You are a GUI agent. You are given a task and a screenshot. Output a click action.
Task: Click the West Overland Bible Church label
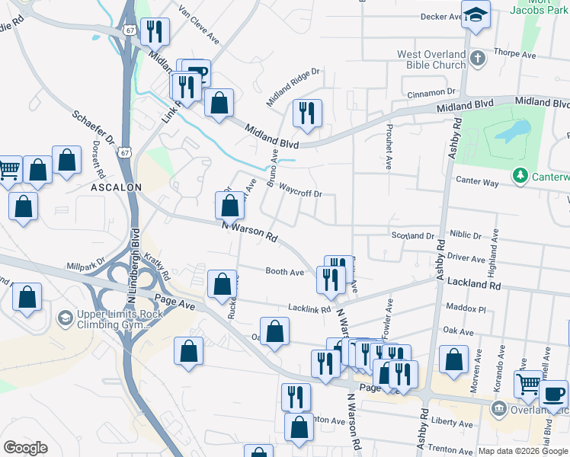coord(431,59)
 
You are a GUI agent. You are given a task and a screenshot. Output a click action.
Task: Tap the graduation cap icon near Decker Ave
coord(476,14)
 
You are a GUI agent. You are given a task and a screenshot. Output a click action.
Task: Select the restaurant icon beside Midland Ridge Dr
coord(307,113)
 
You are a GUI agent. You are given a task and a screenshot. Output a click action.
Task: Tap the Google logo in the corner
coord(25,447)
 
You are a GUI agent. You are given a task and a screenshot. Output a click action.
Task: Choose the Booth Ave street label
coord(284,271)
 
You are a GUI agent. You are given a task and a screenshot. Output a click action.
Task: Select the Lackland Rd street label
coord(474,284)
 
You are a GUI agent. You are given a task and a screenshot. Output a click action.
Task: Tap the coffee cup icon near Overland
coord(554,395)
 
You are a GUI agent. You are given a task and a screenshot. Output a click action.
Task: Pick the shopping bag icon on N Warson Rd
coord(230,205)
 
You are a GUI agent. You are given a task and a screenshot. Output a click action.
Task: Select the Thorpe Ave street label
coord(516,54)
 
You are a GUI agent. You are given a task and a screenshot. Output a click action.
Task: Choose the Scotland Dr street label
coord(412,237)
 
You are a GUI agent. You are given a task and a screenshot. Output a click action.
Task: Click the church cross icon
coord(477,58)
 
